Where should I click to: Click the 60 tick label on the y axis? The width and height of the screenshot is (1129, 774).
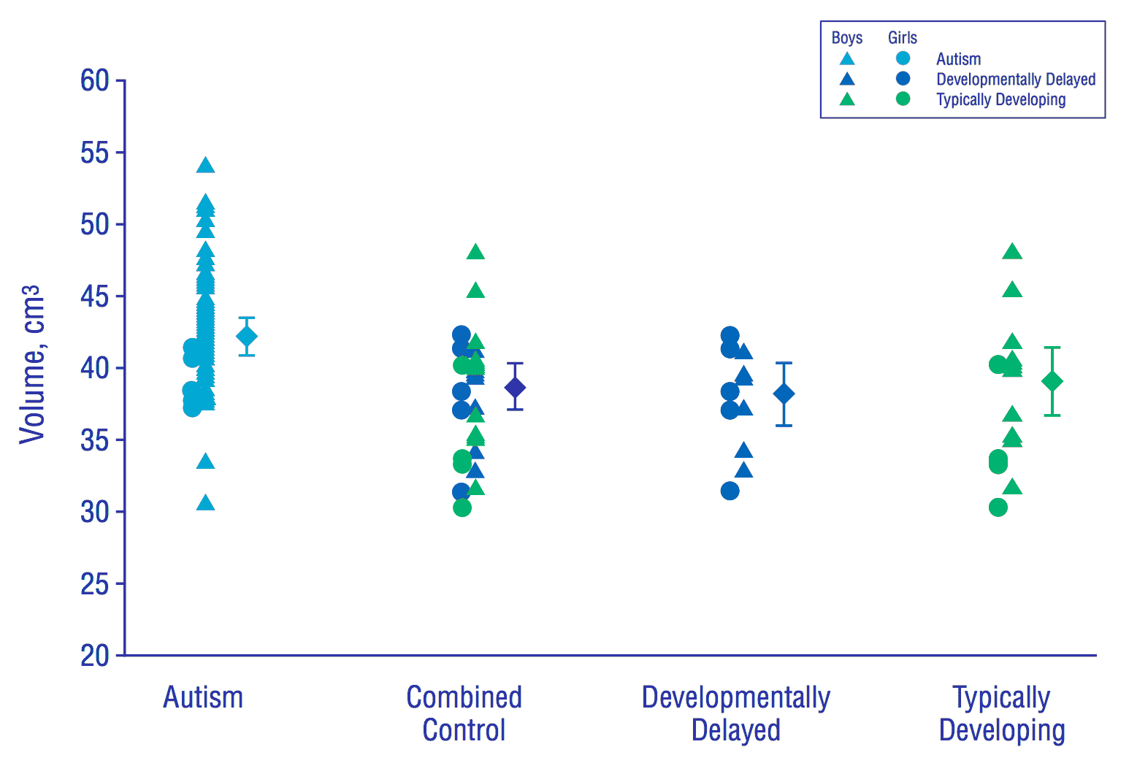click(x=95, y=81)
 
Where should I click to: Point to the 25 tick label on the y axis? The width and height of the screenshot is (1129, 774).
click(x=95, y=584)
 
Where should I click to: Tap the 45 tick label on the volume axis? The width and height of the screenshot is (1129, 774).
click(x=95, y=296)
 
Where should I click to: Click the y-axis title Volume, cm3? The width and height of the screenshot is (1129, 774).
click(x=32, y=364)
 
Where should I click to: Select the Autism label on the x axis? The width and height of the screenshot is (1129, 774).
click(x=203, y=698)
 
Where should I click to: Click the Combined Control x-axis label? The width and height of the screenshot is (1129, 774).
click(x=464, y=713)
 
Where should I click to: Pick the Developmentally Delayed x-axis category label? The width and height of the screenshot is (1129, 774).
click(x=736, y=713)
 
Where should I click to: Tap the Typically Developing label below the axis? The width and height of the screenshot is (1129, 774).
click(x=1002, y=713)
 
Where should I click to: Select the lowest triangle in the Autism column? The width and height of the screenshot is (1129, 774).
click(x=206, y=503)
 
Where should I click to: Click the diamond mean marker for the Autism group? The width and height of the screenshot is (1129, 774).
click(x=247, y=337)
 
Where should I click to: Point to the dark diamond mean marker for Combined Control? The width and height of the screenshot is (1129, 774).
click(x=515, y=387)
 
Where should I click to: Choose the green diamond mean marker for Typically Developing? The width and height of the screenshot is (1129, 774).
click(x=1052, y=381)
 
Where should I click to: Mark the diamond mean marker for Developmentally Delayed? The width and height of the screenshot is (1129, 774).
click(x=784, y=394)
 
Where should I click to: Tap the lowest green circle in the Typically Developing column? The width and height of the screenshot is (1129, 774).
click(x=998, y=507)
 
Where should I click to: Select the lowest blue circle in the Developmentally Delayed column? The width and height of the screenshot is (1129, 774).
click(x=730, y=491)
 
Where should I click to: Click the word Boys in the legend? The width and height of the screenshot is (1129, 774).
click(x=847, y=38)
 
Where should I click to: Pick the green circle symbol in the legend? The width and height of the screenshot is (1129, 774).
click(x=903, y=99)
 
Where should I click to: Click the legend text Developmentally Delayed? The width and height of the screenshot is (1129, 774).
click(x=1016, y=79)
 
